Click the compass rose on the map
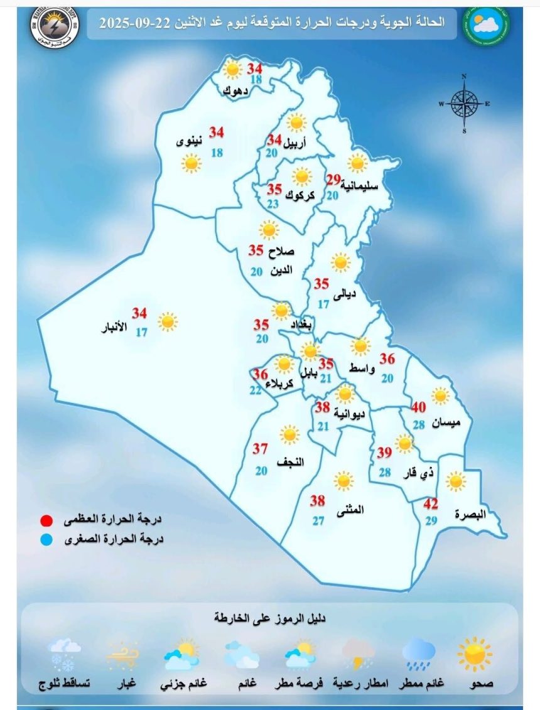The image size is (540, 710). [464, 104]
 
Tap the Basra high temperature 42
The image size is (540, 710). [430, 504]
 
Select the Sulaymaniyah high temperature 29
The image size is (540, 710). [333, 180]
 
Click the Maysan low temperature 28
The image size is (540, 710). [419, 425]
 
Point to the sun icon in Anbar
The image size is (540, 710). [168, 322]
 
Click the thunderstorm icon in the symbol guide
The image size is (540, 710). [359, 654]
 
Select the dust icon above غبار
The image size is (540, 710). [122, 655]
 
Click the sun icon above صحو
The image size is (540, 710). [475, 654]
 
